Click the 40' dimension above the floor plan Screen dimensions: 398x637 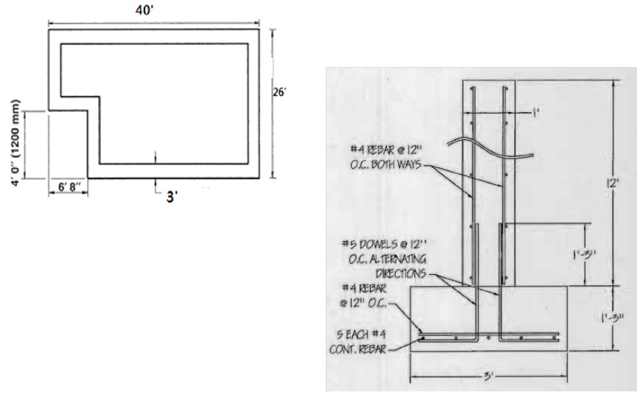tap(155, 10)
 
